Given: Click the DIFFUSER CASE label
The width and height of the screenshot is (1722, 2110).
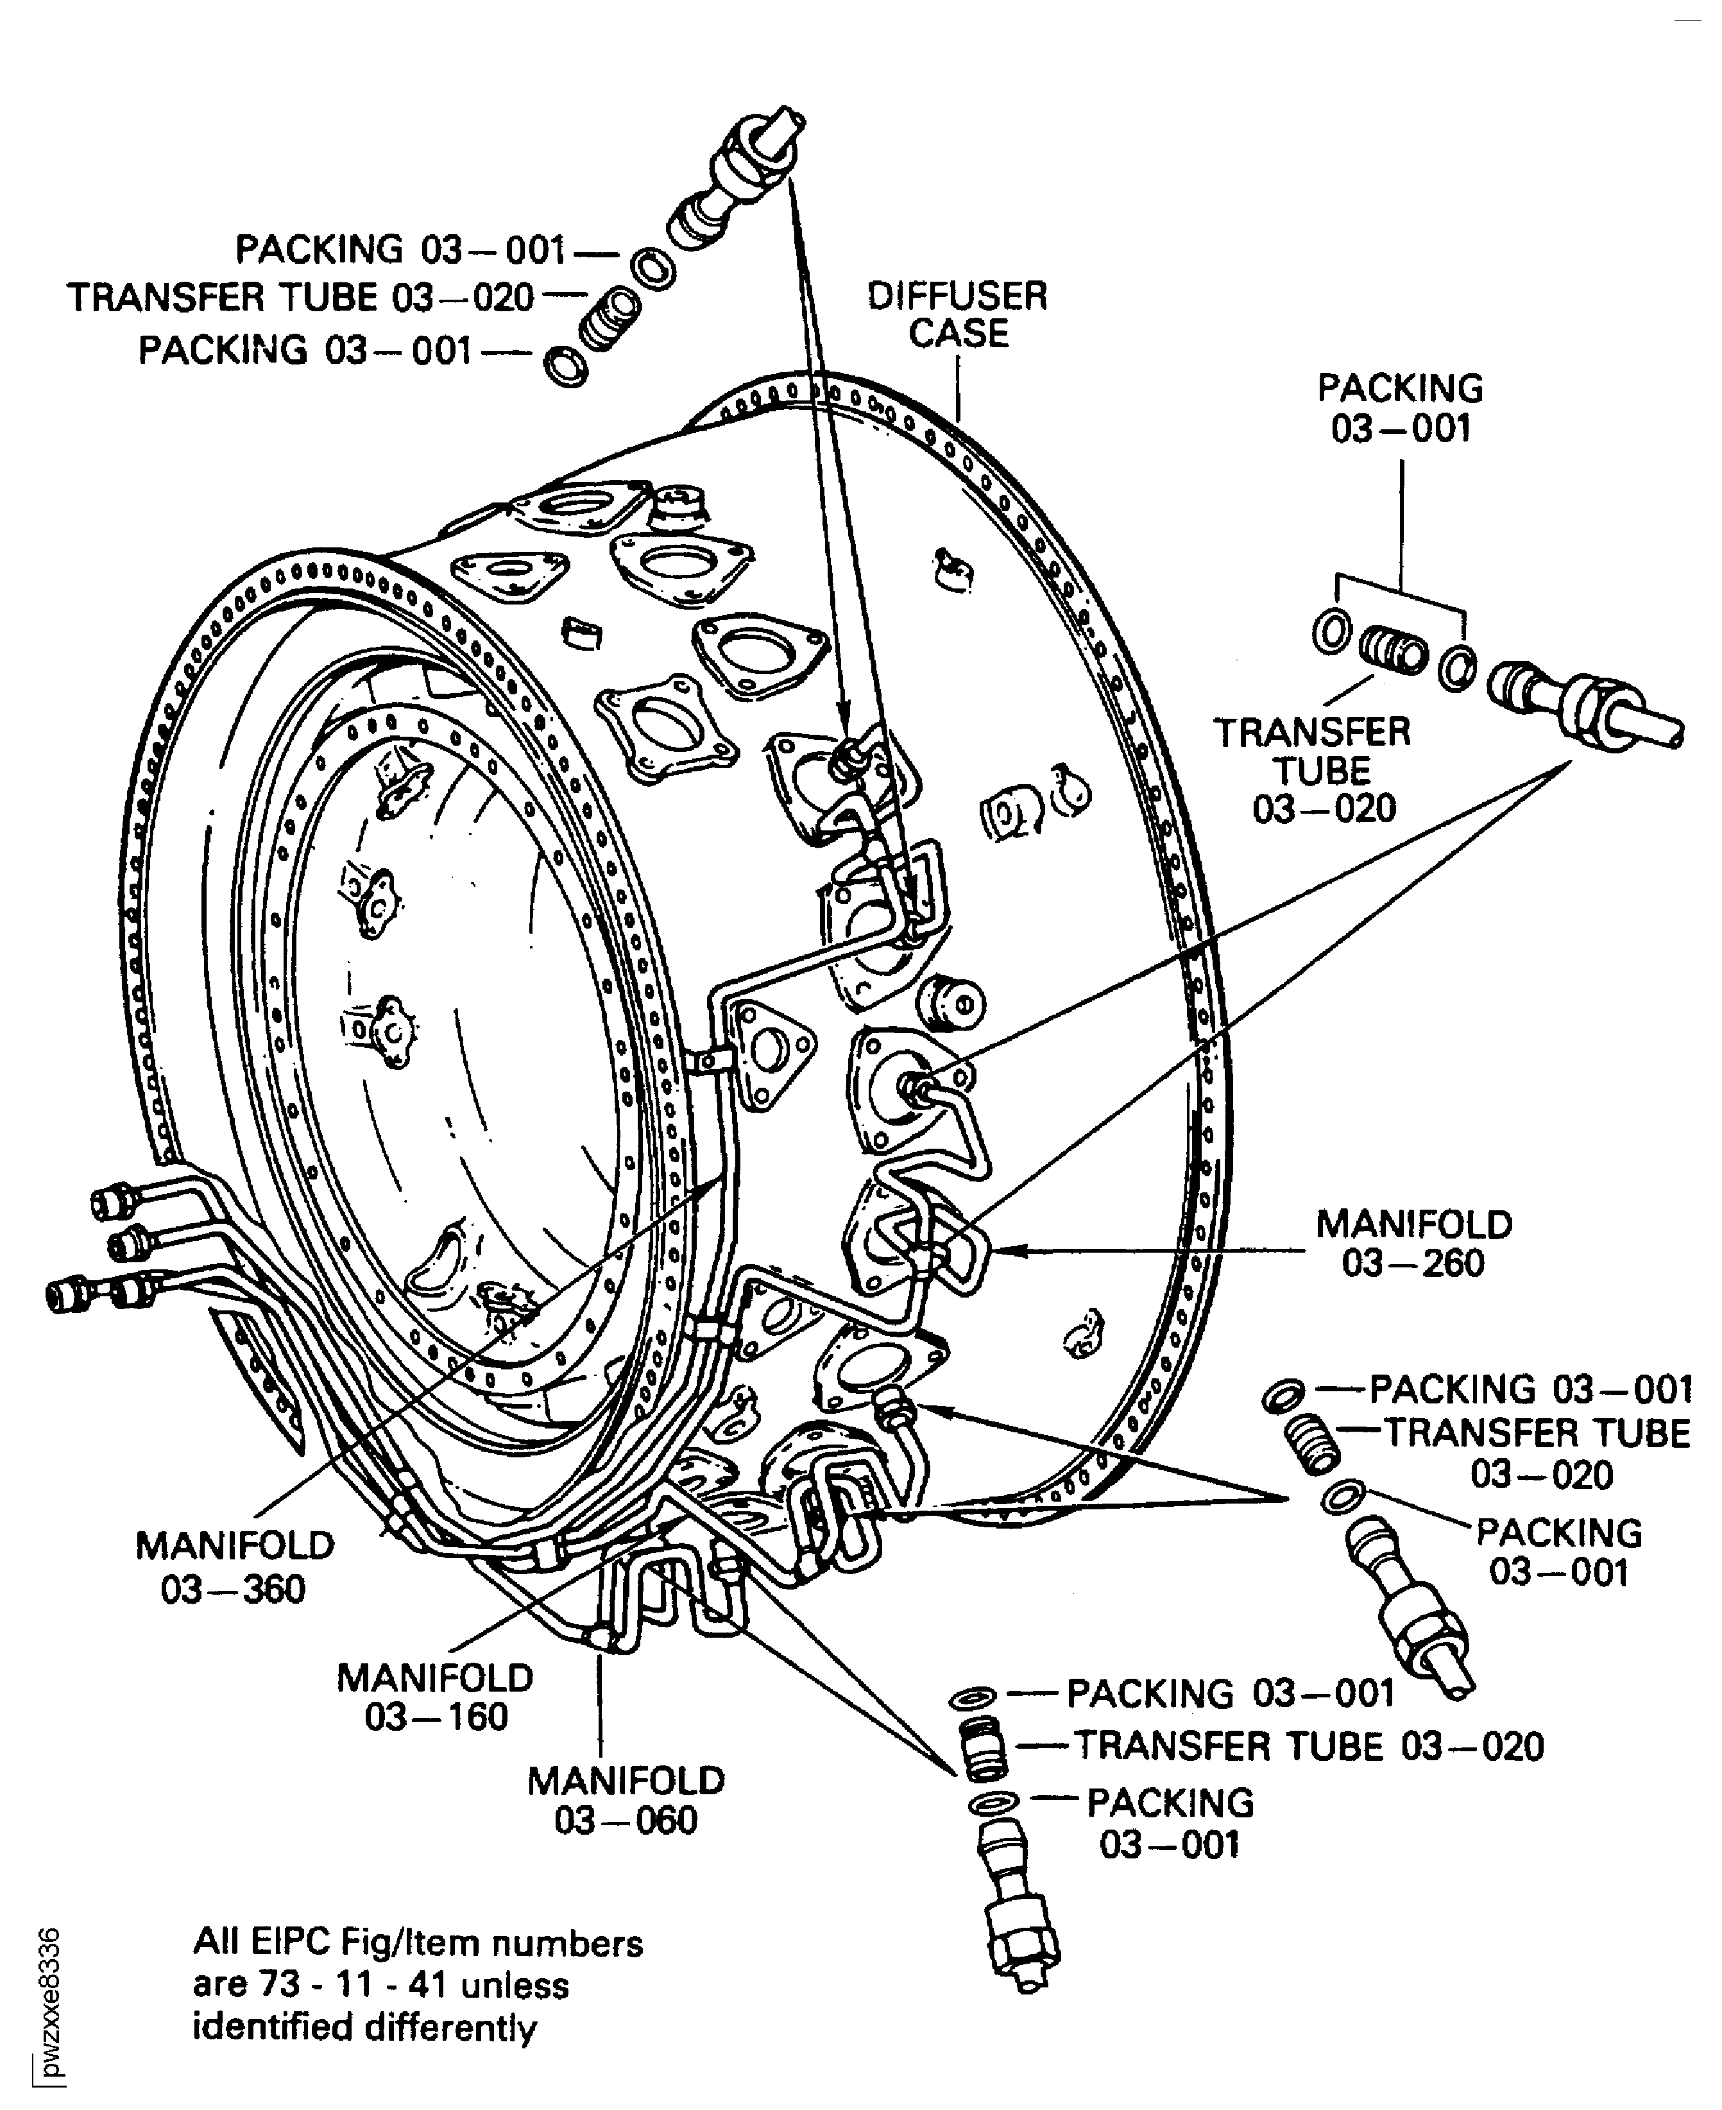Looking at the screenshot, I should coord(957,314).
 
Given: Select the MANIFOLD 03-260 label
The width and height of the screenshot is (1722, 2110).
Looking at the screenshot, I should coord(1413,1243).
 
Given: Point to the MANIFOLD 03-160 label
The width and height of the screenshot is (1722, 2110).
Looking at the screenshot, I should coord(436,1696).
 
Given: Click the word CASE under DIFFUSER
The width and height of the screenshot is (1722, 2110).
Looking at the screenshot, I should coord(959,333).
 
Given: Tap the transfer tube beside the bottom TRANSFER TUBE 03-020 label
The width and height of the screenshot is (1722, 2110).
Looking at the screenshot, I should coord(982,1746).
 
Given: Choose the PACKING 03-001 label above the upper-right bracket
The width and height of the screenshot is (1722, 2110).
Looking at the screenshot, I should coord(1400,407).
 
